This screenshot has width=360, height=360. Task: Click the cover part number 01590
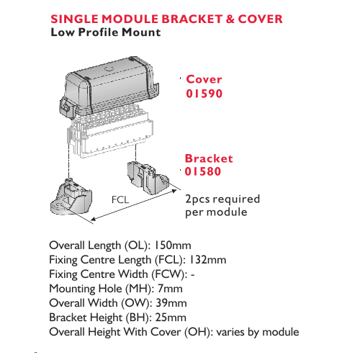click(204, 94)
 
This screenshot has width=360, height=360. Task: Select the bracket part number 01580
click(203, 171)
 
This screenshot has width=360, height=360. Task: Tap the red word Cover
click(204, 79)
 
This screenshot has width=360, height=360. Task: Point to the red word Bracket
click(209, 158)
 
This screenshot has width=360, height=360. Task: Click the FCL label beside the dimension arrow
click(120, 199)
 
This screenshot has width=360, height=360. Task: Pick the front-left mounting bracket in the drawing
click(71, 197)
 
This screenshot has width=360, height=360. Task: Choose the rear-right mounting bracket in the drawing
click(148, 178)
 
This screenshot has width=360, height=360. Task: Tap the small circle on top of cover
click(109, 69)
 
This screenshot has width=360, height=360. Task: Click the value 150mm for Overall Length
click(173, 246)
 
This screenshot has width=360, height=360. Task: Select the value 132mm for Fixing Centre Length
click(208, 260)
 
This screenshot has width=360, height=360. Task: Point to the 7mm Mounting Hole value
click(170, 289)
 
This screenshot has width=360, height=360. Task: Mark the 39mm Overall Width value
click(171, 303)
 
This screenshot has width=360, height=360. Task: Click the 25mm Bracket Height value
click(171, 318)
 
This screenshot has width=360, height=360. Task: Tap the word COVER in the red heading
click(260, 19)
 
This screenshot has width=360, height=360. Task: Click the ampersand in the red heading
click(230, 19)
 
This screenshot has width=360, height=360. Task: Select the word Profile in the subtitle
click(99, 32)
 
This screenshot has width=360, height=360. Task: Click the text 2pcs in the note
click(197, 199)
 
